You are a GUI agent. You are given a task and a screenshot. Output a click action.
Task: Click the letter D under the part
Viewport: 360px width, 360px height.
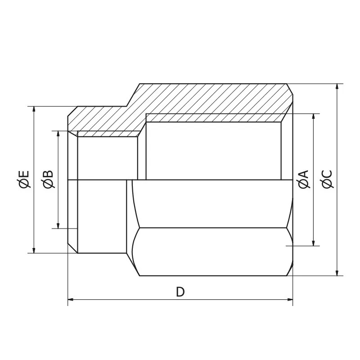pos(180,292)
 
